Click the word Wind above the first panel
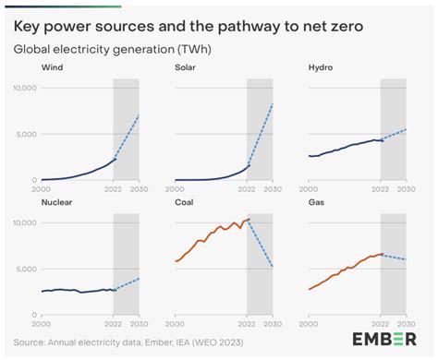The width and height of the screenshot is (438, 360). click(53, 67)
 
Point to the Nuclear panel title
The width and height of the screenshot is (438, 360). click(58, 200)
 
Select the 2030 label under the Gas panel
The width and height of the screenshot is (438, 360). click(407, 322)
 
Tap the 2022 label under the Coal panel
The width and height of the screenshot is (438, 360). click(247, 322)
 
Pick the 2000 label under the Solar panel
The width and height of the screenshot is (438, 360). click(175, 188)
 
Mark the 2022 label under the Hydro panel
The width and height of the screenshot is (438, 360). click(381, 188)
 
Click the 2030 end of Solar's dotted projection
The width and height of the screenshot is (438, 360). click(273, 103)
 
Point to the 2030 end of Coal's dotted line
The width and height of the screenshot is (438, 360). click(273, 268)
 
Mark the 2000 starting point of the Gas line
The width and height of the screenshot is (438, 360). click(310, 290)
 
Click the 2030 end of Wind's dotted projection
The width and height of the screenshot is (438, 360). click(139, 115)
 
